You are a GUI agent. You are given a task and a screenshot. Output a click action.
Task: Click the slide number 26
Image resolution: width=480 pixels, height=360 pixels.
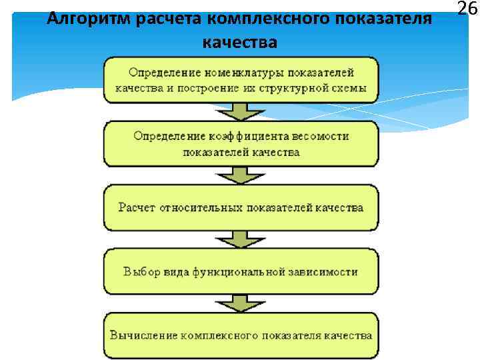467,9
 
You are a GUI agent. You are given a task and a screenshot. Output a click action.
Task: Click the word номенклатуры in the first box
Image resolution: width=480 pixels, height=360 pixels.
223,72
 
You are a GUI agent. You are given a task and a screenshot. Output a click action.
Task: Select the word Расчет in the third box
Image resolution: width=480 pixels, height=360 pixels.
137,207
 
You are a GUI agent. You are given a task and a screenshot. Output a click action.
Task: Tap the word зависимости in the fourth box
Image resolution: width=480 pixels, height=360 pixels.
324,271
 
